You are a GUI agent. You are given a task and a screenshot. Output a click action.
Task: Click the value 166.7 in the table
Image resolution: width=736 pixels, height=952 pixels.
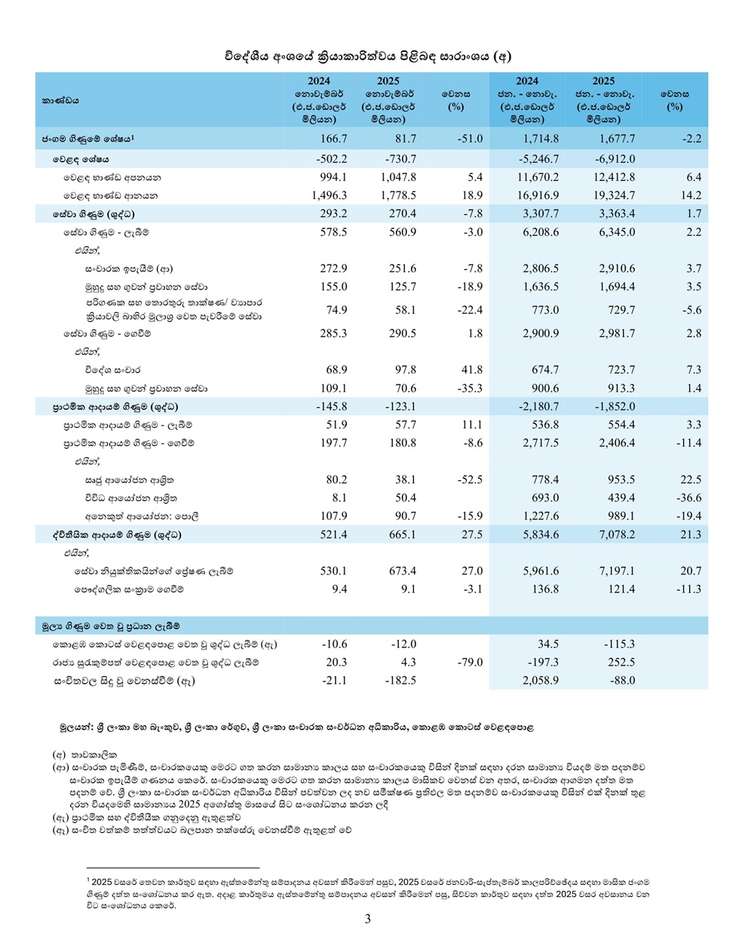pyautogui.click(x=333, y=139)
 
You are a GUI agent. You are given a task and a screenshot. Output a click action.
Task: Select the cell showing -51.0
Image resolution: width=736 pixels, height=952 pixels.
pyautogui.click(x=469, y=139)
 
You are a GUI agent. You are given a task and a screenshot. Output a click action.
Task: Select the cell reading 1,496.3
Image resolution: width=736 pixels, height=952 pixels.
pyautogui.click(x=329, y=195)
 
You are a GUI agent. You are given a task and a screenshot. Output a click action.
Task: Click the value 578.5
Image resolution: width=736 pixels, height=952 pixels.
pyautogui.click(x=333, y=232)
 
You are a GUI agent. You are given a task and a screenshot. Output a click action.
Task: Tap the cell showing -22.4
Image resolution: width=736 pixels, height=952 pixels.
pyautogui.click(x=469, y=310)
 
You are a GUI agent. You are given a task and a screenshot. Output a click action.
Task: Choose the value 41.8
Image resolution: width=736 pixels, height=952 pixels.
pyautogui.click(x=472, y=369)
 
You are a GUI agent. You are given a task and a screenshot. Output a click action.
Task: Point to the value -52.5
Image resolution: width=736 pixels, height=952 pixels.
pyautogui.click(x=469, y=479)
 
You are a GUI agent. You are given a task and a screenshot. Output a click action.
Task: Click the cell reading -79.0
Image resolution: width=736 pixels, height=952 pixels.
pyautogui.click(x=469, y=663)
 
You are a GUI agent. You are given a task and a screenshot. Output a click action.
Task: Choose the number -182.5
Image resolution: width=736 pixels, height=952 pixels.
pyautogui.click(x=400, y=681)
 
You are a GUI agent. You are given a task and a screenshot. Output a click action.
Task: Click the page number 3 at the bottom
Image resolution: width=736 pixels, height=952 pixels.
pyautogui.click(x=368, y=919)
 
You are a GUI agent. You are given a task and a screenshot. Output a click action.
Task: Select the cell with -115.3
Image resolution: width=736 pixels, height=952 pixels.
pyautogui.click(x=619, y=644)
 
